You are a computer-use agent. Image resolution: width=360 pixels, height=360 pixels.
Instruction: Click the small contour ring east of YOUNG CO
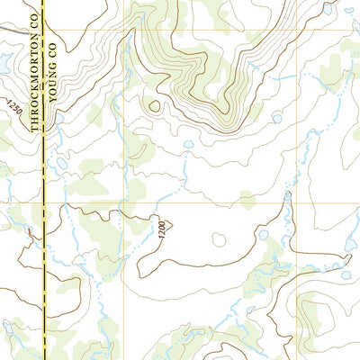(154, 105)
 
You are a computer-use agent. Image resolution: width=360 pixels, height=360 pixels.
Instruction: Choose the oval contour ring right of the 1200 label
(219, 239)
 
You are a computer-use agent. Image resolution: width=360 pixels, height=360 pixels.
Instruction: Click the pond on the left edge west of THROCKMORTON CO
(4, 63)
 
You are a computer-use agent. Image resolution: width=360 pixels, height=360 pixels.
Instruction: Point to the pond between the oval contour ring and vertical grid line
(264, 235)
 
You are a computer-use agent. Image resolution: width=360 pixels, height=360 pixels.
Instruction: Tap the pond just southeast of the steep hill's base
(277, 118)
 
